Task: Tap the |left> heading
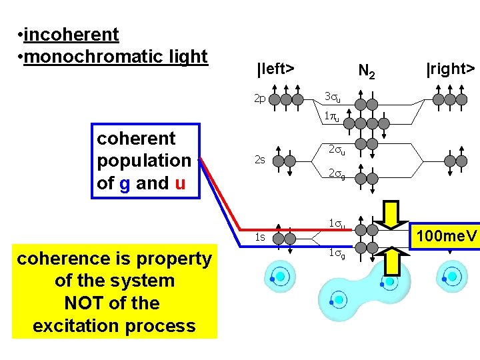(276, 68)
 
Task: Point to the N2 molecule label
(367, 70)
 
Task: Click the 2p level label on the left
(260, 99)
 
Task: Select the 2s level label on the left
(260, 160)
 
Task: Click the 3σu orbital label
(332, 97)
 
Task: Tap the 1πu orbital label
(332, 117)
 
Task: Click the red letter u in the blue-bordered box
(180, 183)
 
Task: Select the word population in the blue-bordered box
(144, 161)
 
